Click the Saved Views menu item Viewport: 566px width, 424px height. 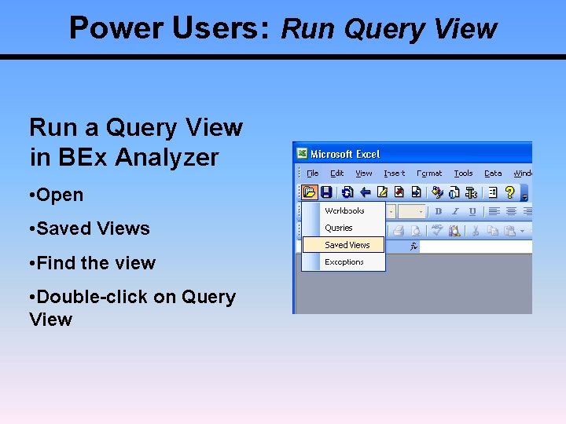pyautogui.click(x=347, y=245)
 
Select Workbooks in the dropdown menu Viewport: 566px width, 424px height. pyautogui.click(x=344, y=211)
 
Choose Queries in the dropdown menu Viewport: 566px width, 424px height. pyautogui.click(x=339, y=228)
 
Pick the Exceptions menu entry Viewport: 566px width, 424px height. pyautogui.click(x=344, y=262)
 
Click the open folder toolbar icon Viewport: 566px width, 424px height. pyautogui.click(x=309, y=192)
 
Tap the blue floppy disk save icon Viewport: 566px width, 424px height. pyautogui.click(x=325, y=192)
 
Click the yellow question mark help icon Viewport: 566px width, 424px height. pyautogui.click(x=509, y=192)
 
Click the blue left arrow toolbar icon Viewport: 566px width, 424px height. pyautogui.click(x=365, y=192)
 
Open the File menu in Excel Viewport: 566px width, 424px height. pyautogui.click(x=312, y=173)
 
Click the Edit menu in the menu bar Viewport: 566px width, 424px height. pyautogui.click(x=336, y=173)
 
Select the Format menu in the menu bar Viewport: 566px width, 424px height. pyautogui.click(x=429, y=173)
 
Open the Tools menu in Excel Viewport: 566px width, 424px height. pyautogui.click(x=464, y=173)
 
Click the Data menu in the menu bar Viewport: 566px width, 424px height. pyautogui.click(x=493, y=173)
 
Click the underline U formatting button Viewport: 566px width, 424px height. pyautogui.click(x=472, y=211)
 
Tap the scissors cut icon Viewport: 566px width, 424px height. pyautogui.click(x=475, y=231)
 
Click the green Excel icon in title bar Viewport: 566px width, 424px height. pyautogui.click(x=301, y=154)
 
